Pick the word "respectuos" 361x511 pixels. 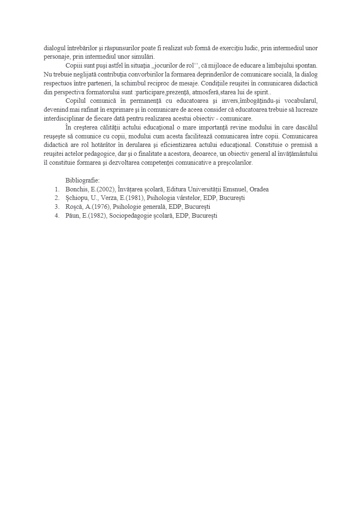59,83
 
